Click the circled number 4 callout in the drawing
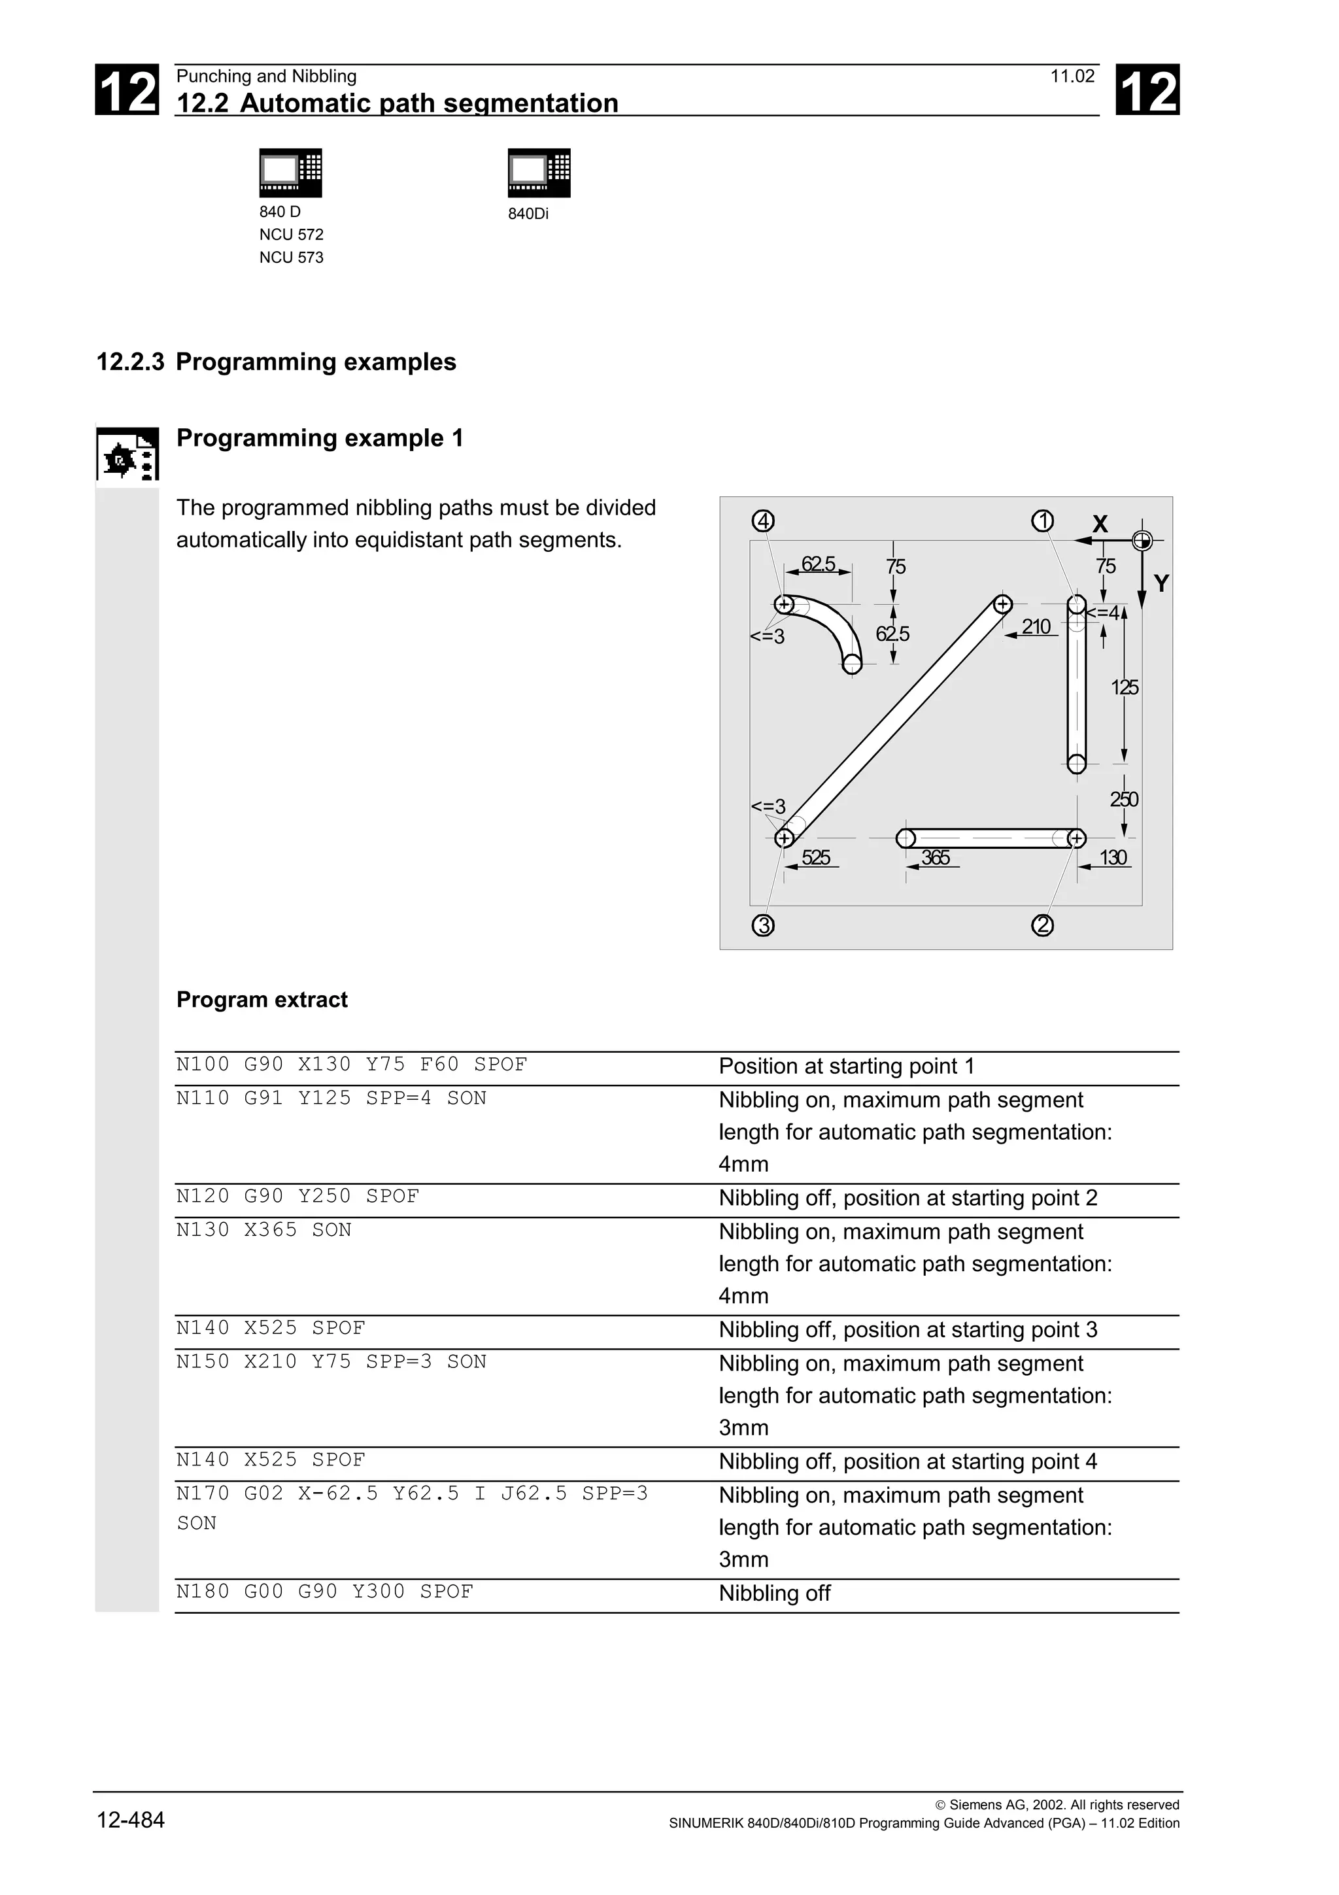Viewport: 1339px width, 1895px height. (x=763, y=522)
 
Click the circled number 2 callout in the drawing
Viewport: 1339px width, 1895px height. (x=1043, y=925)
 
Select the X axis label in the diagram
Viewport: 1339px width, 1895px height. (x=1100, y=523)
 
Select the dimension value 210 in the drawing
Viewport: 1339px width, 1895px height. (x=1036, y=626)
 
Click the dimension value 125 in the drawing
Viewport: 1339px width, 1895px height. (x=1125, y=687)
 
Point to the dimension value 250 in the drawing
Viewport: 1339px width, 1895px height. (x=1124, y=799)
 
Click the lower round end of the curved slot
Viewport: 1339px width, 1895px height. (x=853, y=663)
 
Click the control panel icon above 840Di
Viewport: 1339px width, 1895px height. (x=539, y=173)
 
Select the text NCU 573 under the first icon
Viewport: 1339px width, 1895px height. (x=291, y=258)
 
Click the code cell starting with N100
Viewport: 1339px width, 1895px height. (x=352, y=1065)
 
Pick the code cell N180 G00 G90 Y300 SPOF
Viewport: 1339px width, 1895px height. (x=325, y=1592)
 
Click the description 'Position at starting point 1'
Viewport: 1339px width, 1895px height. (x=847, y=1067)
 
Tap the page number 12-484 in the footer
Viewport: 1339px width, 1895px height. (x=130, y=1819)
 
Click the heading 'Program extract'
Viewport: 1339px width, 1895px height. (x=262, y=1000)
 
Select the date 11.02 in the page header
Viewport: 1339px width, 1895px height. (x=1072, y=77)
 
